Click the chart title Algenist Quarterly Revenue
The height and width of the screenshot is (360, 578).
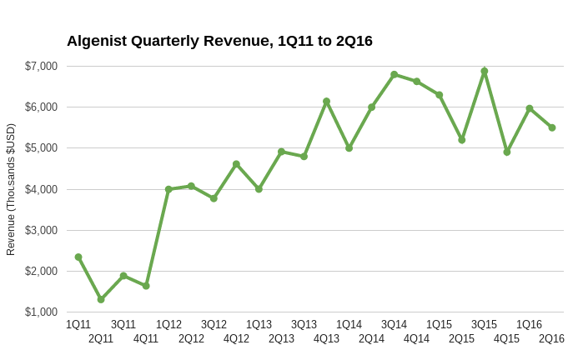pos(219,41)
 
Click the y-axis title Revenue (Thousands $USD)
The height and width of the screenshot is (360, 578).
pos(11,189)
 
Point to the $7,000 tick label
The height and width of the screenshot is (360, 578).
pos(41,66)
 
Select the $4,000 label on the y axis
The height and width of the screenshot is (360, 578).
pos(41,189)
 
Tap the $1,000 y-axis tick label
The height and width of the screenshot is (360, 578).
pos(41,312)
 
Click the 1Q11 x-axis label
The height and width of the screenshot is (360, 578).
pos(78,324)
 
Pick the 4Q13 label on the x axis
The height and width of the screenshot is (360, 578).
pos(326,338)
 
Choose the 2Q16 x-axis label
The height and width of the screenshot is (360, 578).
pos(551,338)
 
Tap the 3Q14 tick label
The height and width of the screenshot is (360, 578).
pos(394,324)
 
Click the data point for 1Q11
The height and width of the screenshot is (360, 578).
pos(78,257)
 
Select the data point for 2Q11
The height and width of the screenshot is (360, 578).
pos(101,299)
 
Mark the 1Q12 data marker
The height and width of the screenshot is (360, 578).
pos(168,189)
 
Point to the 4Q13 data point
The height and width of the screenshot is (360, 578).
pos(326,101)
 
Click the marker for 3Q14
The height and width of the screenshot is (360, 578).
pos(394,74)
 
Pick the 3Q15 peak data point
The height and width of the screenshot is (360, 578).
pos(484,71)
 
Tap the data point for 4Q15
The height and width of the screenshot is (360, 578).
pos(506,152)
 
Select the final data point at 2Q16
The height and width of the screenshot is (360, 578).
pos(551,127)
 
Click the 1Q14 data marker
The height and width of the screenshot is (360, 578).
pos(349,147)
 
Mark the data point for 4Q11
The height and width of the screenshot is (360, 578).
pos(146,286)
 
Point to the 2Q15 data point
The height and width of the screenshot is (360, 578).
pos(461,139)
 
